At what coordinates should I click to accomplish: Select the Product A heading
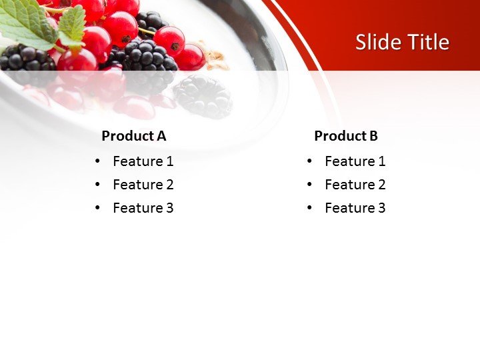click(x=133, y=136)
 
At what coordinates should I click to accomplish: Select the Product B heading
click(x=345, y=136)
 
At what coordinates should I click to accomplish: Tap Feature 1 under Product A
click(x=143, y=161)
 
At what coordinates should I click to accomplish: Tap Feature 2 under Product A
click(x=143, y=185)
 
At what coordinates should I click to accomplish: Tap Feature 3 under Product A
click(x=143, y=208)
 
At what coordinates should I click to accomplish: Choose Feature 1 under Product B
click(x=355, y=161)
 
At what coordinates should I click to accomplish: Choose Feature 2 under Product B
click(x=355, y=185)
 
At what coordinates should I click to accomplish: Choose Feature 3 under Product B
click(x=355, y=208)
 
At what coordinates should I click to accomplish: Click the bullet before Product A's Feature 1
click(x=98, y=161)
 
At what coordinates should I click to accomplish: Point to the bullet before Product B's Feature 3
click(x=310, y=208)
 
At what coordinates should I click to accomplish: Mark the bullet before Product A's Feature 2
click(x=98, y=185)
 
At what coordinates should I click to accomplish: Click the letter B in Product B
click(x=373, y=136)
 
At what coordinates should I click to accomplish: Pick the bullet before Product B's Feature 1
click(x=310, y=161)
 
